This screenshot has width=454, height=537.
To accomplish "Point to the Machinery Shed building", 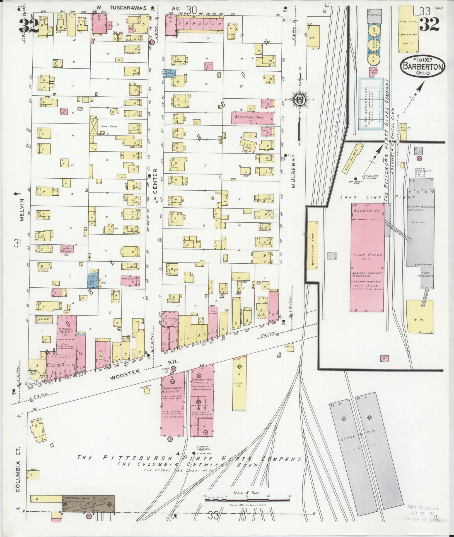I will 312,245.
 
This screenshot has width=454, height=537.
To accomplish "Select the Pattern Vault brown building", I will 88,504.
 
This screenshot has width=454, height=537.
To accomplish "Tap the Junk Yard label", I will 110,127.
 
